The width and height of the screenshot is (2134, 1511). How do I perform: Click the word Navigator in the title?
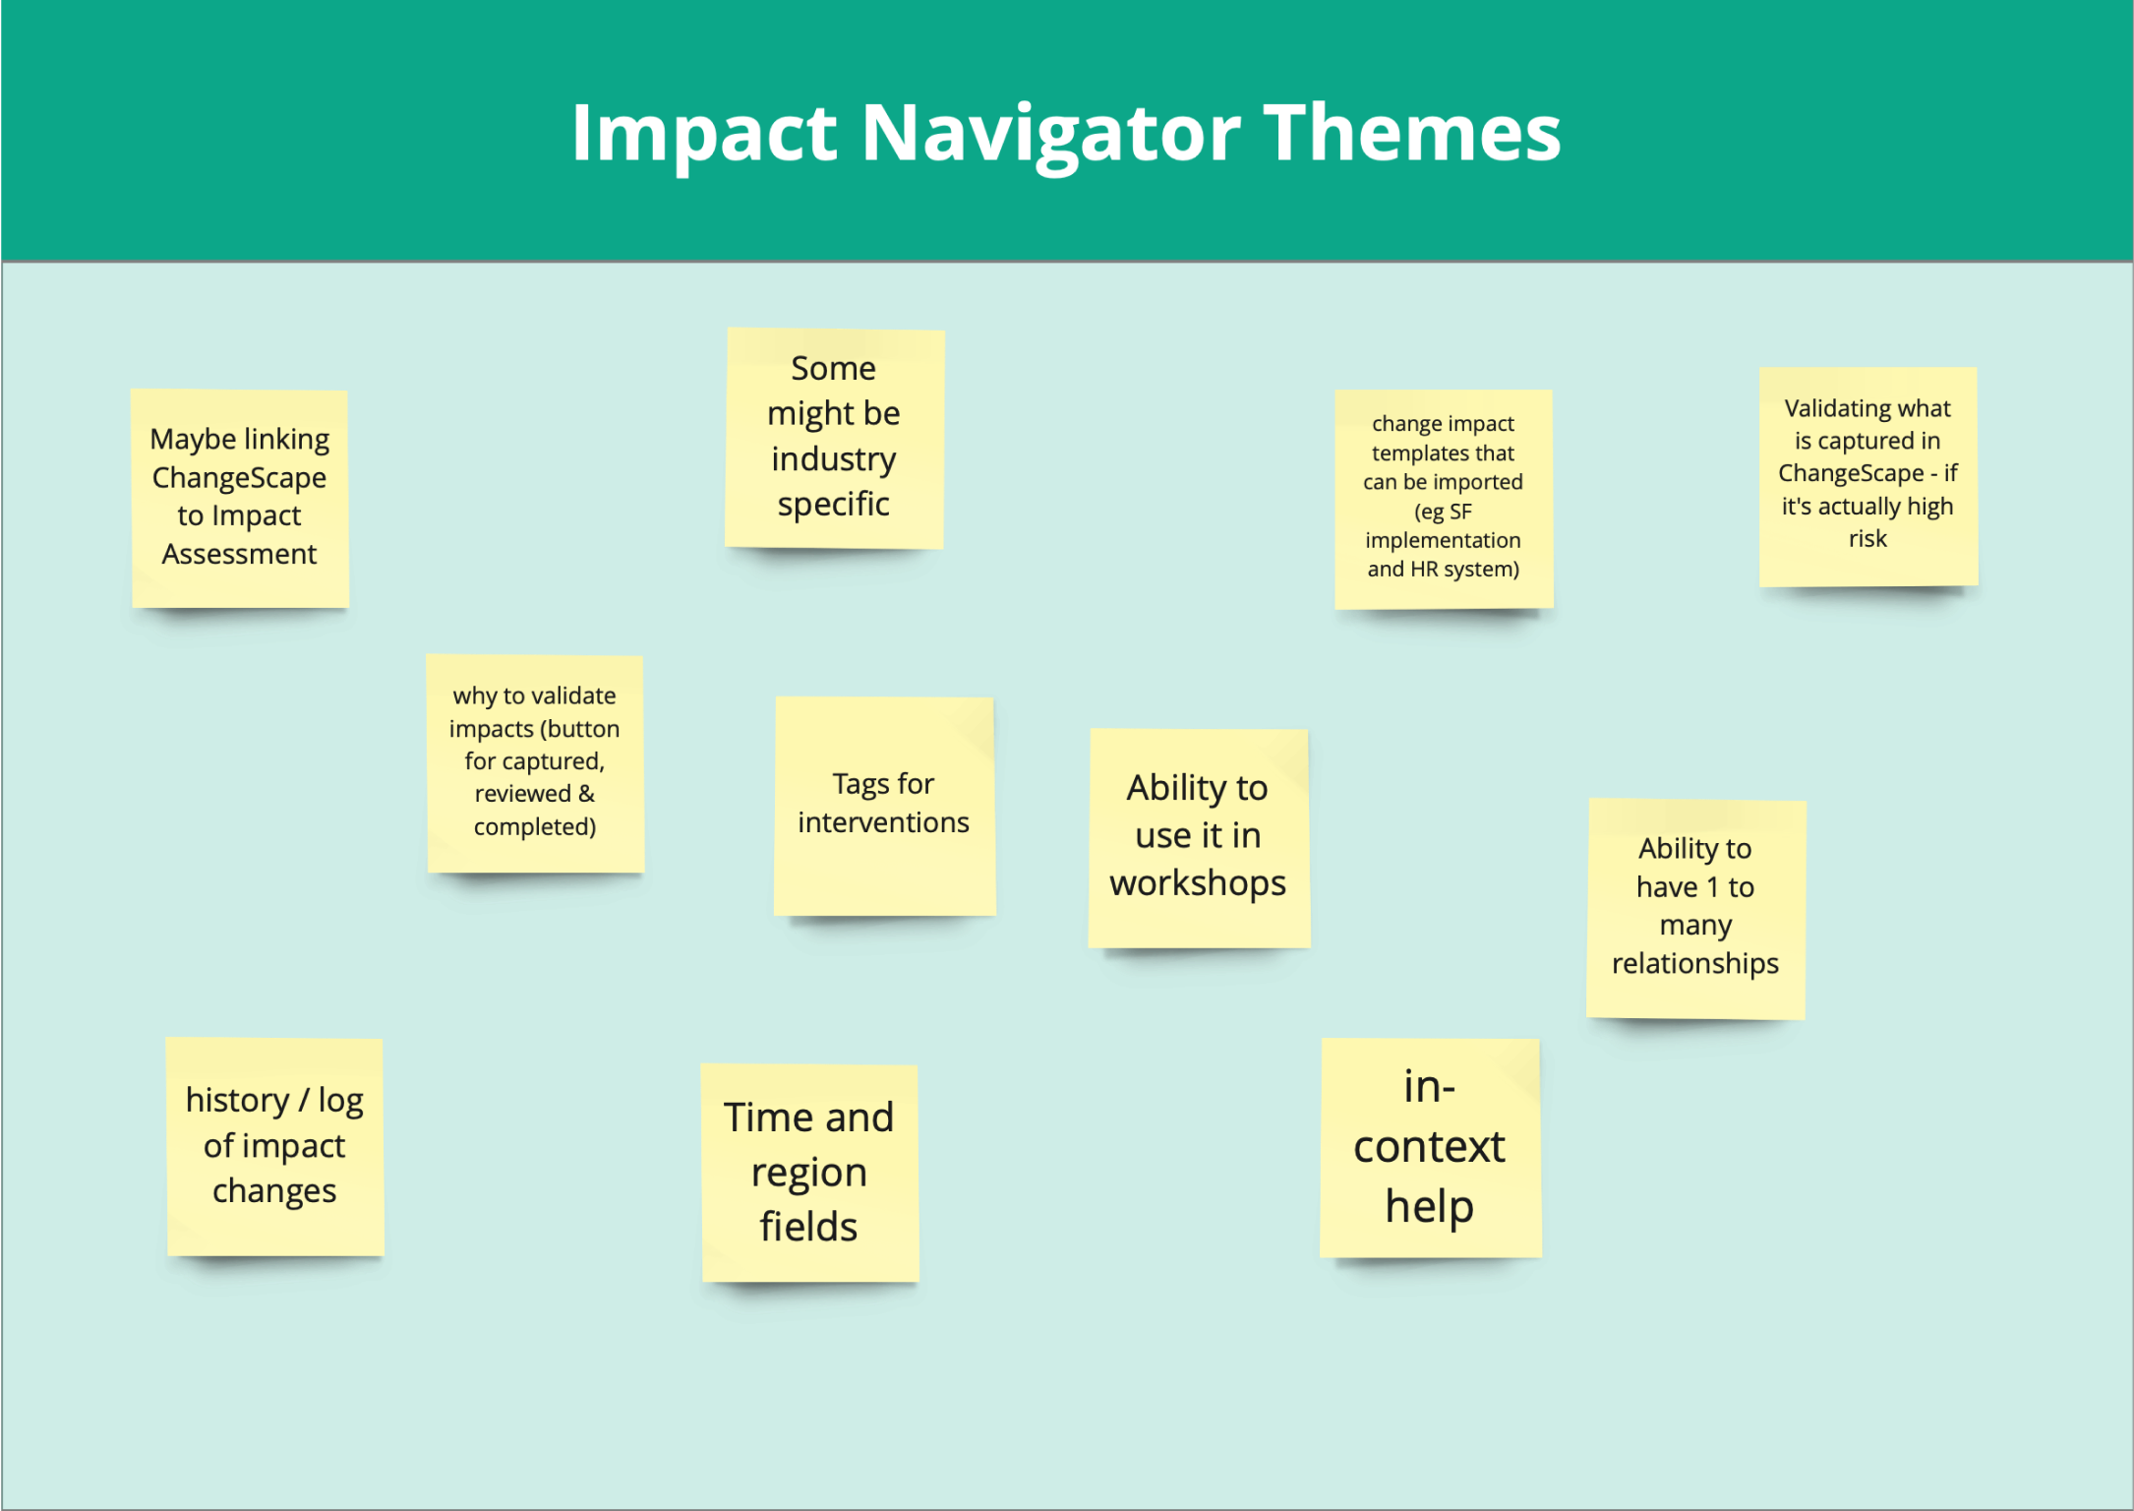tap(1051, 134)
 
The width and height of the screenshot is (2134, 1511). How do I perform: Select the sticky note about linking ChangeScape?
tap(240, 499)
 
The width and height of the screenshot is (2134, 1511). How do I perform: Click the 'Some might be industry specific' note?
tap(835, 439)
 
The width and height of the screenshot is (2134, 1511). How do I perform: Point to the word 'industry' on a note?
tap(834, 459)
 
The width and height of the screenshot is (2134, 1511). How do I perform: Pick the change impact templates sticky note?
tap(1444, 499)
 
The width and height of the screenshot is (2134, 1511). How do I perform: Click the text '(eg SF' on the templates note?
tap(1443, 512)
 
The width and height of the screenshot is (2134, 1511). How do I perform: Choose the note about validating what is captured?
tap(1868, 477)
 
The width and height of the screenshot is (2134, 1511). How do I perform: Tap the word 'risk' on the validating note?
tap(1867, 539)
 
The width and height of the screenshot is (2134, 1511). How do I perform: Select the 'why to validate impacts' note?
tap(535, 763)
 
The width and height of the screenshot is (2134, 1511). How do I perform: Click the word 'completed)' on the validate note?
tap(535, 827)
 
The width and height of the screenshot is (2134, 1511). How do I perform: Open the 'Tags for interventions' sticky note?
tap(885, 807)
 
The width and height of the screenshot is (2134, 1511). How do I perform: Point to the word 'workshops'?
tap(1198, 883)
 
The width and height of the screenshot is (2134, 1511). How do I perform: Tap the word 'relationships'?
tap(1695, 964)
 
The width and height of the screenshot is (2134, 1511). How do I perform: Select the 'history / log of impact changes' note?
tap(274, 1147)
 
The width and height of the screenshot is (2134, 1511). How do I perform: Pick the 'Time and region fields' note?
tap(809, 1174)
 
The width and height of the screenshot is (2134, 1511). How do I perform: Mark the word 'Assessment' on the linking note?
tap(239, 555)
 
